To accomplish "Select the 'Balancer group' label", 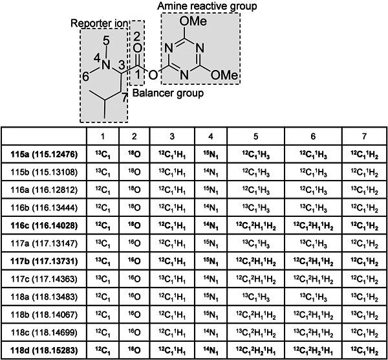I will coord(168,93).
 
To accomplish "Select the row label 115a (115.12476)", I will coord(44,155).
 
